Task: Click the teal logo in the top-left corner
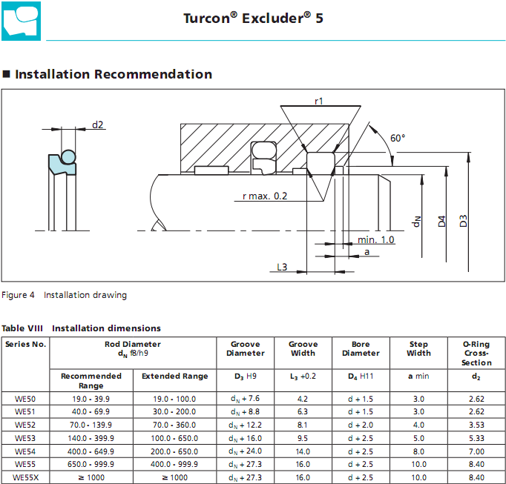21,21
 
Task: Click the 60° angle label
398,138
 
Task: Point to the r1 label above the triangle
319,102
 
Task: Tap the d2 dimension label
97,125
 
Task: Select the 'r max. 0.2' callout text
265,196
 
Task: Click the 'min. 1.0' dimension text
376,239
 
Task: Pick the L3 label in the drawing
282,267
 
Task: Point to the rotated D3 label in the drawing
463,221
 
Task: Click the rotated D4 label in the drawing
441,221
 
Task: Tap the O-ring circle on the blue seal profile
68,157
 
